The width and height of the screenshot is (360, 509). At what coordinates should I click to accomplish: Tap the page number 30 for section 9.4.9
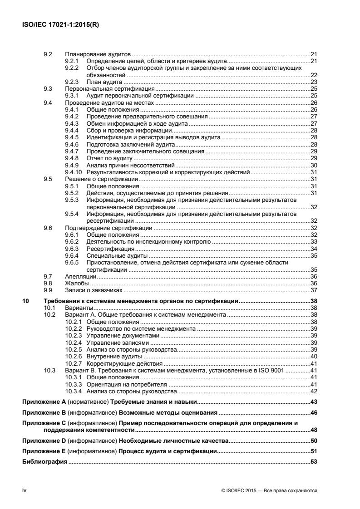(313, 166)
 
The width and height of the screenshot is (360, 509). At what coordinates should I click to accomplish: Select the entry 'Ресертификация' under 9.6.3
(108, 249)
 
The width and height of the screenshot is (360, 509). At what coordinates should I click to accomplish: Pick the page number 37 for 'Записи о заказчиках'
(313, 290)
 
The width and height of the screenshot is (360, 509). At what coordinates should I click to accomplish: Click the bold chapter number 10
(25, 301)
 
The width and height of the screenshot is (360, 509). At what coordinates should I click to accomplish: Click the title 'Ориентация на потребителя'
(120, 384)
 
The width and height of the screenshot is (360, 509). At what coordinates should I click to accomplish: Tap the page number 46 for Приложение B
(313, 413)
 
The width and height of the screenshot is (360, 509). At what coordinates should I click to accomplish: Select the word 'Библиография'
(44, 462)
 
